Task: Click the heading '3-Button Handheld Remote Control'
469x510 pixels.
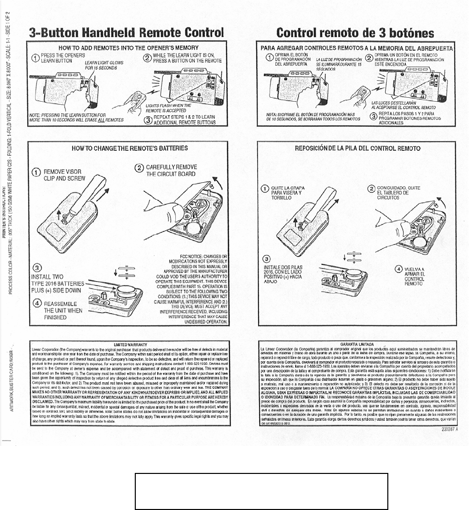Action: [x=126, y=33]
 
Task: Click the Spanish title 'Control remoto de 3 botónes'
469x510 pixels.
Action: [x=355, y=33]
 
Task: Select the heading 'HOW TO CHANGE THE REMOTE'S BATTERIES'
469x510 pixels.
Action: [x=130, y=148]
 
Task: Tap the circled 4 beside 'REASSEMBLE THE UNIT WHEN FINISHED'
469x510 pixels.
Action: [x=36, y=304]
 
